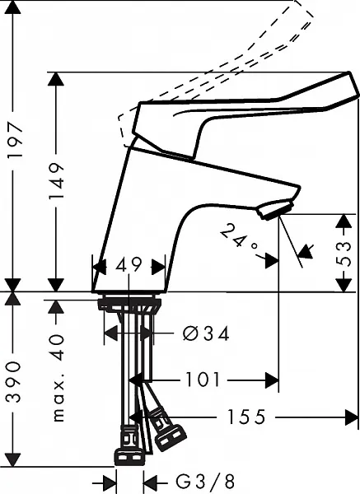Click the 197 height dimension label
pos(15,140)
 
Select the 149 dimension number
pos(57,181)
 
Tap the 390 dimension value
pos(14,382)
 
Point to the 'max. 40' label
pos(58,378)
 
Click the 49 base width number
pos(129,265)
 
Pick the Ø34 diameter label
pos(206,333)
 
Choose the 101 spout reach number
pos(203,380)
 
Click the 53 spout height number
pos(343,254)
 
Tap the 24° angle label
pos(239,240)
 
